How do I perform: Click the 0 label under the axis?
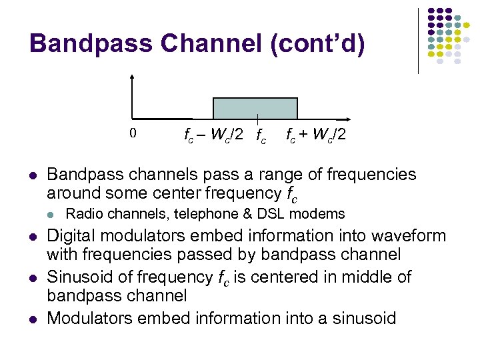coord(133,133)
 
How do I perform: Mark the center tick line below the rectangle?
coord(258,121)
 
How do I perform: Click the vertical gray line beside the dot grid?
coord(418,40)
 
